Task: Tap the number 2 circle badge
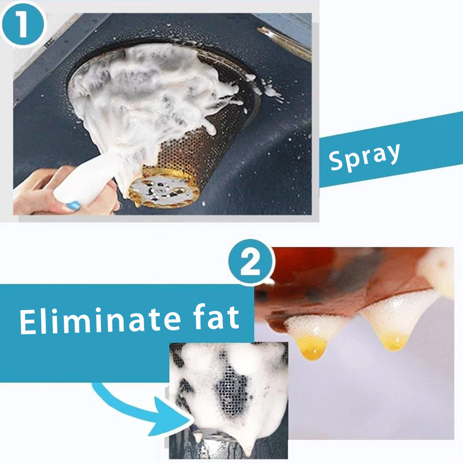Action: (x=251, y=263)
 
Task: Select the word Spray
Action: (x=364, y=156)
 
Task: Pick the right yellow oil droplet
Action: (x=394, y=342)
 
